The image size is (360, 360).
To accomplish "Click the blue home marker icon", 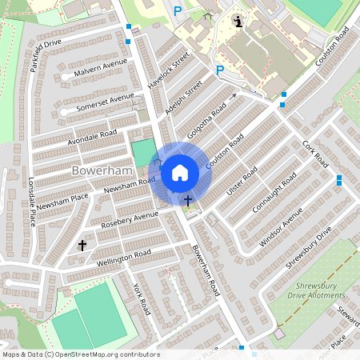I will click(180, 172).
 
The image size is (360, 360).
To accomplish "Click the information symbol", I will click(237, 20).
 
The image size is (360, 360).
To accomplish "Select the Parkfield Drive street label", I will click(46, 54).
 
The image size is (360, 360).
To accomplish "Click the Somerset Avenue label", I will click(105, 102).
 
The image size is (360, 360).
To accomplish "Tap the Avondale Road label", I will click(91, 136).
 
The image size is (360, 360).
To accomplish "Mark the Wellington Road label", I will click(123, 255).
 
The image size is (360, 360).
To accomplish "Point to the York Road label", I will click(142, 298).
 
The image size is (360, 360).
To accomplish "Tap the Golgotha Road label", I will click(206, 120).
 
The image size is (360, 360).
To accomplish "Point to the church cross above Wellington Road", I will click(82, 245).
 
